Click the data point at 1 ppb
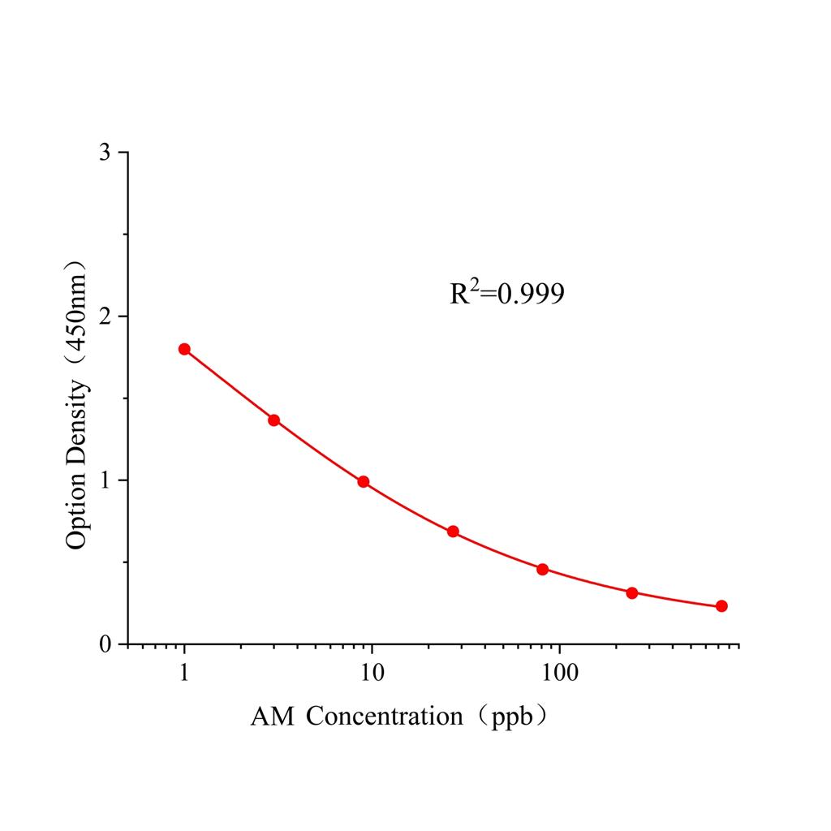[184, 349]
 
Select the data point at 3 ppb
[274, 420]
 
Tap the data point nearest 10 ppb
[364, 481]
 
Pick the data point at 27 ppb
[453, 532]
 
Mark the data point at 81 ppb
[542, 569]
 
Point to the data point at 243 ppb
[632, 592]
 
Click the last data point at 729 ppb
[721, 606]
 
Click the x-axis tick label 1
[185, 673]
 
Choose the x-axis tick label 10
[372, 673]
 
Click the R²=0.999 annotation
[507, 294]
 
